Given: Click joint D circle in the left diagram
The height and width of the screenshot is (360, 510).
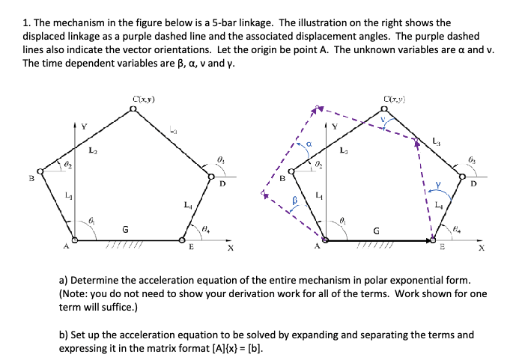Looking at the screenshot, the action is coord(210,177).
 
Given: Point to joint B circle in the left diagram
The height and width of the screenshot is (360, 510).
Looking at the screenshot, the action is coord(42,172).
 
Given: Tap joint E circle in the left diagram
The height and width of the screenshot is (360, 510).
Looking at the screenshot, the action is coord(182,241).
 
